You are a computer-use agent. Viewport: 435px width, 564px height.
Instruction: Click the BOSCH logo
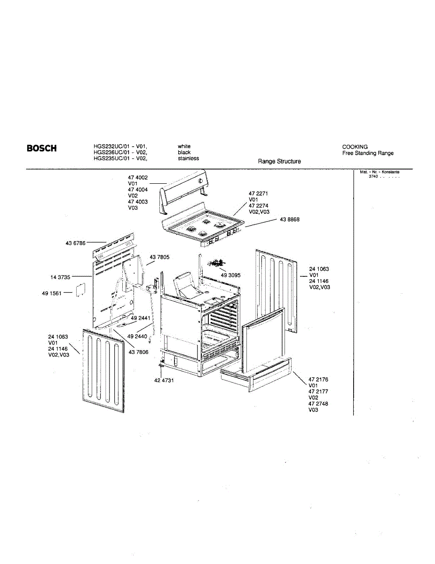point(42,149)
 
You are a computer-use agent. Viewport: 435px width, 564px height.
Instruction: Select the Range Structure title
point(279,161)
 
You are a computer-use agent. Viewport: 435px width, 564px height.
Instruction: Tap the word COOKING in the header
point(355,147)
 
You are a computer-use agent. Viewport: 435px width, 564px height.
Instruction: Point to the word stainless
point(188,158)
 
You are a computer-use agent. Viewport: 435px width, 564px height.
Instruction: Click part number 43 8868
point(290,219)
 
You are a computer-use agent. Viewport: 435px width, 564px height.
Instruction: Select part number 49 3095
point(231,275)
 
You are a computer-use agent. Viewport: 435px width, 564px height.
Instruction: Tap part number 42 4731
point(164,380)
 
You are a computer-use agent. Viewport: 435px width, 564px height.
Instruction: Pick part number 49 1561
point(52,293)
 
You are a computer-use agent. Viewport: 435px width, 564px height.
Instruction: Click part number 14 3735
point(60,277)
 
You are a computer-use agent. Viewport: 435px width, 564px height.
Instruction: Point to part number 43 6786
point(75,243)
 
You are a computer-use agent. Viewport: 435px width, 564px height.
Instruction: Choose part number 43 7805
point(160,257)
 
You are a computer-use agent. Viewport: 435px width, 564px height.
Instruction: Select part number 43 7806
point(139,352)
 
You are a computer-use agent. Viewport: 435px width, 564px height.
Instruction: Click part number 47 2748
point(318,404)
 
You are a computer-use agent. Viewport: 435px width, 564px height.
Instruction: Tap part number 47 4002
point(138,177)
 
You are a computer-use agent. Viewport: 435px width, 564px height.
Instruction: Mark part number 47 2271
point(259,193)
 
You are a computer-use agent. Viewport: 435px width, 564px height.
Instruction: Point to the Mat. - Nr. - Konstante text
point(380,172)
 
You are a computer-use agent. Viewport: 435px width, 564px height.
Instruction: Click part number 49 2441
point(140,318)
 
